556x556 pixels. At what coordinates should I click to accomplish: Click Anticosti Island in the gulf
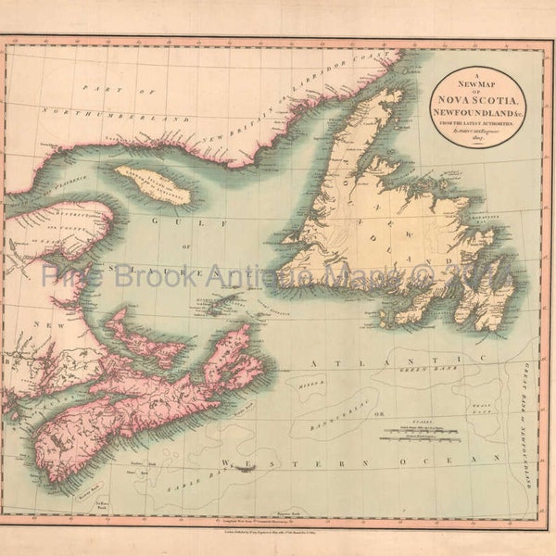tap(153, 184)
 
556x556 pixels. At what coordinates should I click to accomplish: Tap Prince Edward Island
tap(144, 342)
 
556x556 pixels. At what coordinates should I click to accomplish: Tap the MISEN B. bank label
tap(305, 380)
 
